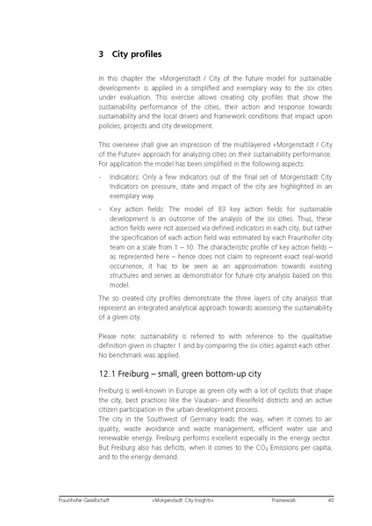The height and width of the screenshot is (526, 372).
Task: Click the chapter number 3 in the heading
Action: pos(102,53)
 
